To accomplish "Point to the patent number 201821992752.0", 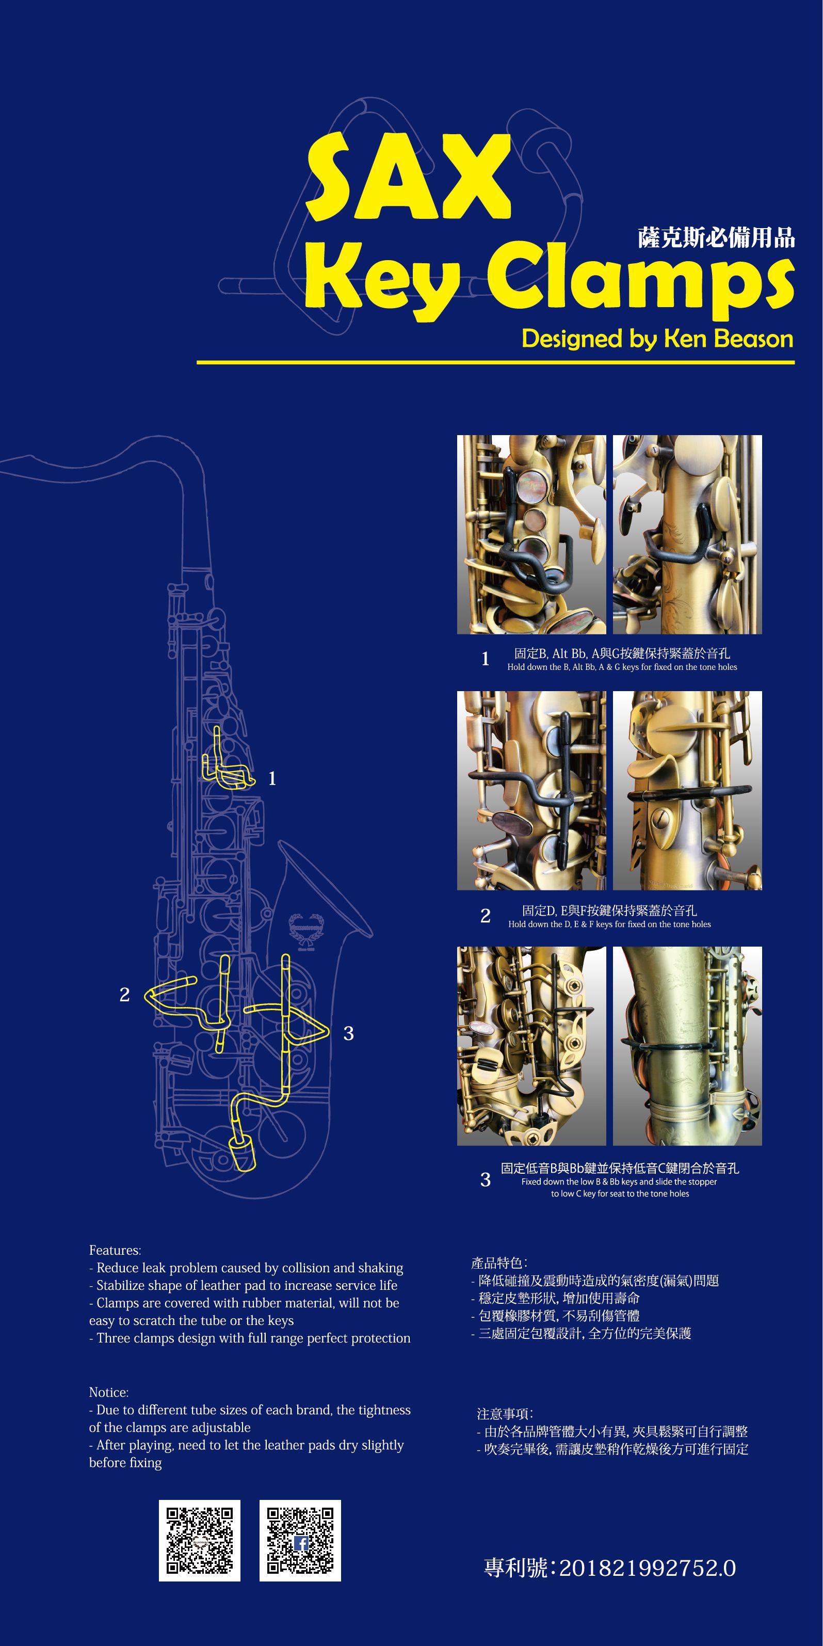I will click(647, 1568).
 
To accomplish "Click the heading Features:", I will click(115, 1250).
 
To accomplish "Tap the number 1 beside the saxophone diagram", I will click(272, 778).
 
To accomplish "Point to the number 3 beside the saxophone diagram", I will click(348, 1033).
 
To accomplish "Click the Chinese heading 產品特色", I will click(498, 1263).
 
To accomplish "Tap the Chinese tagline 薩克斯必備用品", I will click(716, 238).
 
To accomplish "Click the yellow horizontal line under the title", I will click(495, 362).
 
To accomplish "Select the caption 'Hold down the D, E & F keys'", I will click(609, 924).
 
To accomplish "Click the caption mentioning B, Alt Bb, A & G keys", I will click(622, 667).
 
